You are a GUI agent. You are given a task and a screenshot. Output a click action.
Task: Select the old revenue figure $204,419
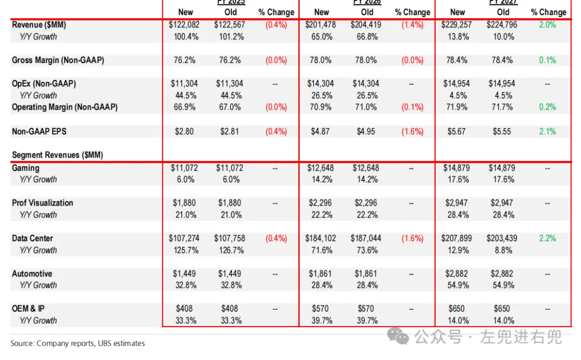(x=367, y=25)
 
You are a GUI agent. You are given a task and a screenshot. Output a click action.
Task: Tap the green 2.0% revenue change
(x=548, y=25)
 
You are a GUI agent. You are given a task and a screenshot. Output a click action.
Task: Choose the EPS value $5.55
(x=504, y=131)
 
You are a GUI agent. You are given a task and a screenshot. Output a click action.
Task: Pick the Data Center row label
(x=32, y=238)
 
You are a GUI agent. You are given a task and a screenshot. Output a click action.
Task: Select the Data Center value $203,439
(x=504, y=238)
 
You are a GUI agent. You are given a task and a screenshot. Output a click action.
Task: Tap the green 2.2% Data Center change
(x=548, y=238)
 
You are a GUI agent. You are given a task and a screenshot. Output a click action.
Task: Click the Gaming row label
(x=25, y=168)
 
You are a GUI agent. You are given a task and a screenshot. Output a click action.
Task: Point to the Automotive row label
(x=32, y=274)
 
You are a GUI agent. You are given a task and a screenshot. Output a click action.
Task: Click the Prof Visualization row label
(x=42, y=203)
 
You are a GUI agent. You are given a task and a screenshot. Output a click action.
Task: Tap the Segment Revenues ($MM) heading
(x=58, y=155)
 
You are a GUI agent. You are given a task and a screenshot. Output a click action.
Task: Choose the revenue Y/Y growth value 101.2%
(x=231, y=37)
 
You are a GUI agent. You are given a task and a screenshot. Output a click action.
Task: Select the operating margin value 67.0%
(x=231, y=107)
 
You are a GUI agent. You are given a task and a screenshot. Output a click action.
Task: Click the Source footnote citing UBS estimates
(x=77, y=343)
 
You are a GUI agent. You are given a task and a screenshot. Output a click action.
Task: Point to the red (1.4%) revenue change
(x=413, y=25)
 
